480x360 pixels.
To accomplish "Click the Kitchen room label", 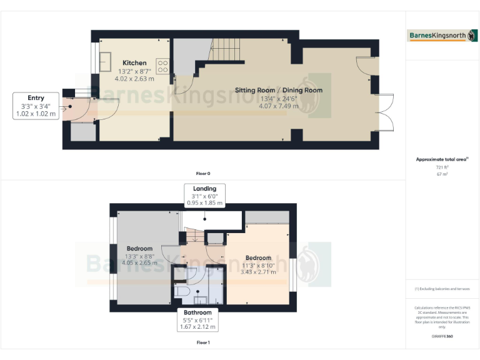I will point(134,62).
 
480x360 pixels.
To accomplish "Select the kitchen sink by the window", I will point(104,62).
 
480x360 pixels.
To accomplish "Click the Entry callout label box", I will point(34,106).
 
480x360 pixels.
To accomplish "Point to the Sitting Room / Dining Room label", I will point(278,90).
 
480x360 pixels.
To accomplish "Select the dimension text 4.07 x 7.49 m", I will point(278,106).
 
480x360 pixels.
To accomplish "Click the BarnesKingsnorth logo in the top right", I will point(442,36).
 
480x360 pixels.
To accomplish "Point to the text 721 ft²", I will point(442,167).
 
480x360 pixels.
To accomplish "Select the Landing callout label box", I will point(204,196).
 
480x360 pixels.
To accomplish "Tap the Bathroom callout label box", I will point(197,319).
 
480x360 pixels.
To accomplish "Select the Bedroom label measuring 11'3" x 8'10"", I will point(258,257).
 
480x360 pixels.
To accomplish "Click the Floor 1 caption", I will point(203,342).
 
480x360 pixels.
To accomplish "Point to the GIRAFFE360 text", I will point(442,336).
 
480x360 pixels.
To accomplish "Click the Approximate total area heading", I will point(442,159).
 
